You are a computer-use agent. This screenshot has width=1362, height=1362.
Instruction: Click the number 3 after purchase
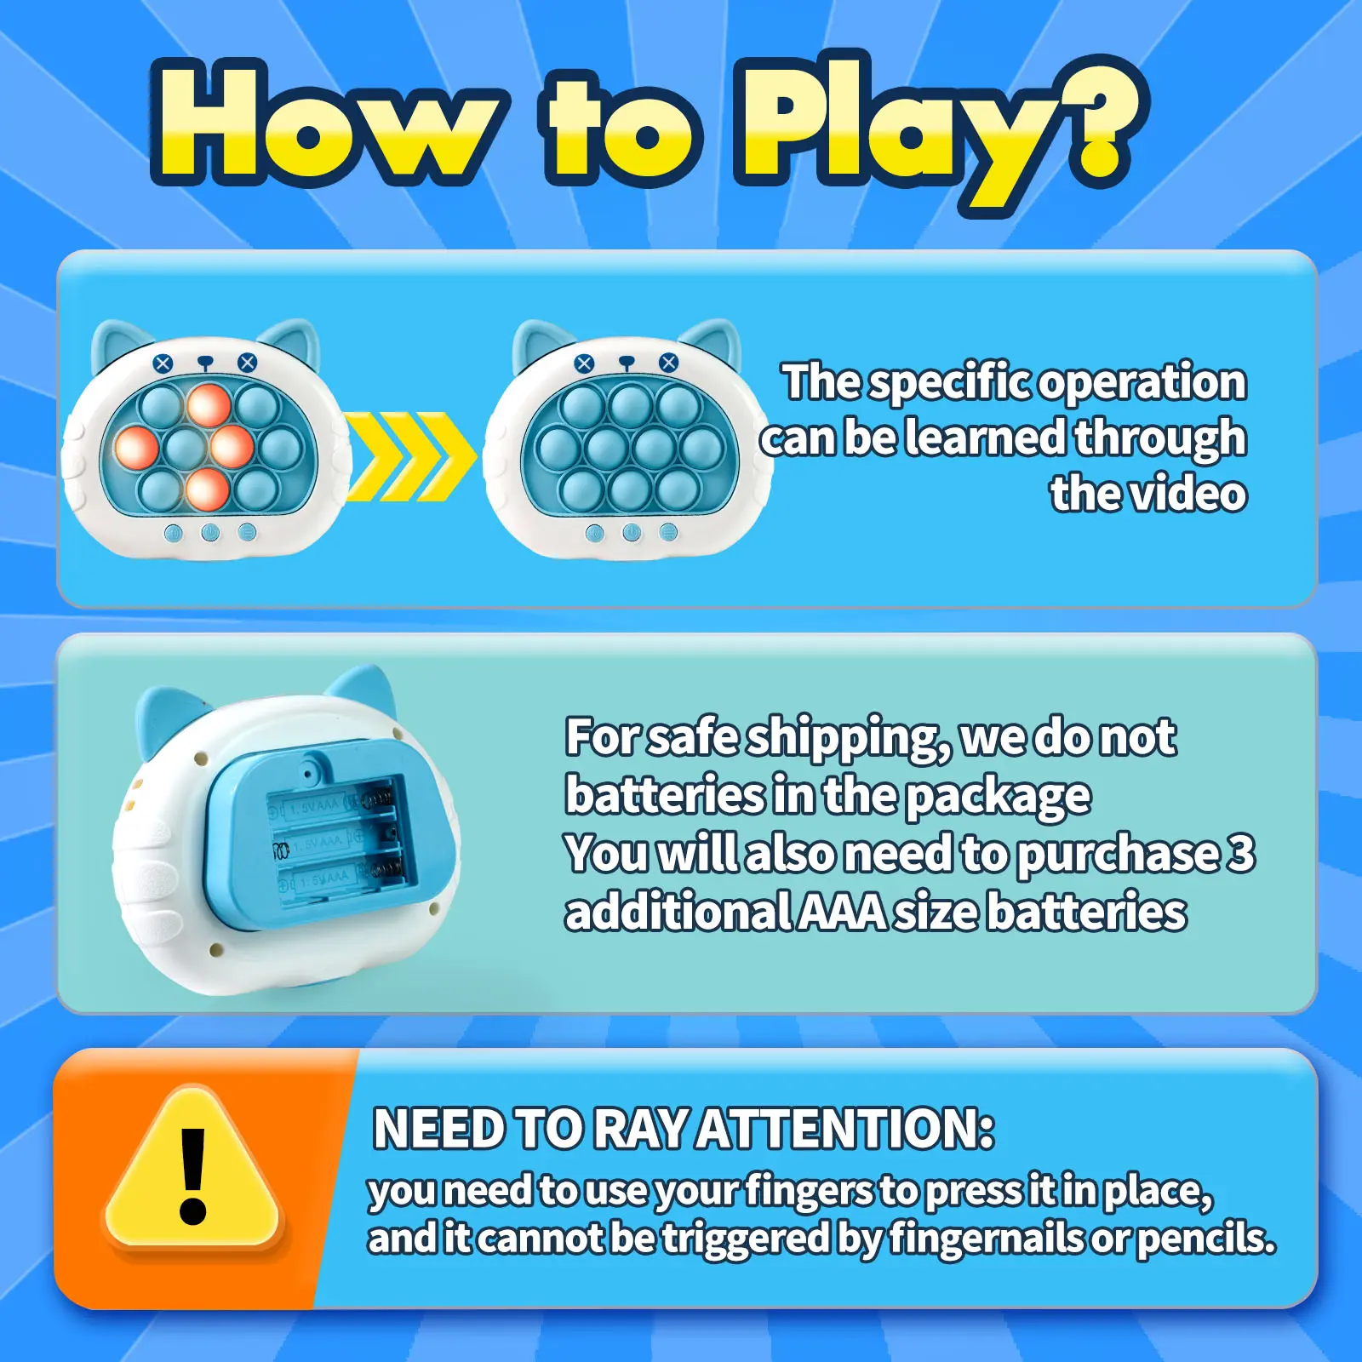[1242, 853]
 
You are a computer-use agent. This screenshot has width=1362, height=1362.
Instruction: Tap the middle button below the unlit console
[632, 533]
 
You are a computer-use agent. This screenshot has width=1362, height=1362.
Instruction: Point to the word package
[998, 797]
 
